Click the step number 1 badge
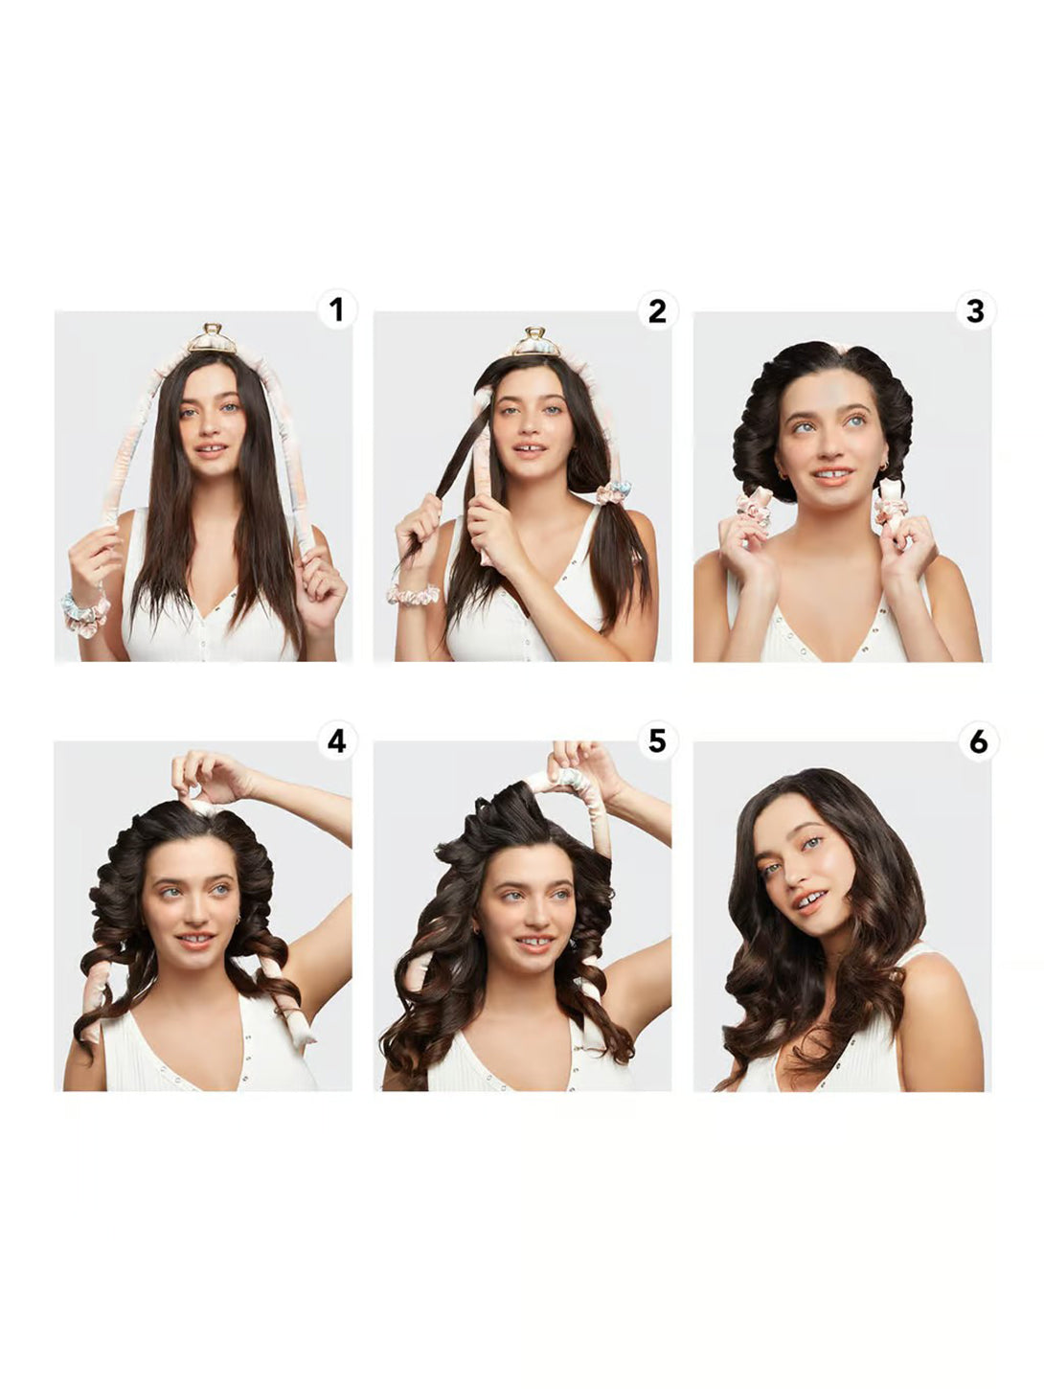point(336,310)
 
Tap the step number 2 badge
point(657,310)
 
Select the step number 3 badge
point(975,310)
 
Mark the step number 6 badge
point(978,741)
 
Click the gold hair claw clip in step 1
point(213,339)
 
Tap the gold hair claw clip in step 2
point(536,342)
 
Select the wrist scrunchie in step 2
point(413,594)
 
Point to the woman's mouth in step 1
point(211,450)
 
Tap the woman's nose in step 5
point(531,912)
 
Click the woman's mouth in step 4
point(196,941)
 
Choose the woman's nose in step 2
point(531,428)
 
